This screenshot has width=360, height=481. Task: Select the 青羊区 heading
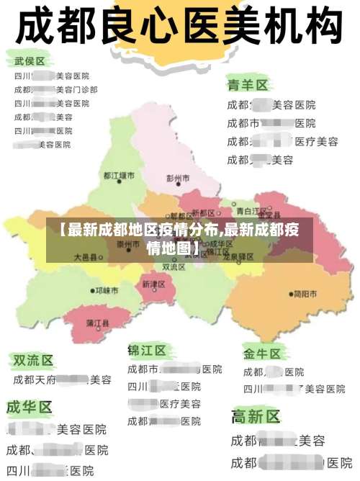(x=248, y=85)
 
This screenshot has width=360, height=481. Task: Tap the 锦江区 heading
(x=147, y=351)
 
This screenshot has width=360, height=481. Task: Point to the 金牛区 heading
(x=261, y=354)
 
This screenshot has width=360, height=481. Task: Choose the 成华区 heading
(x=30, y=407)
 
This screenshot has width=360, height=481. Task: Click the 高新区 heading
(x=256, y=416)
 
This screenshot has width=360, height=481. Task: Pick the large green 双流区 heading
(x=33, y=359)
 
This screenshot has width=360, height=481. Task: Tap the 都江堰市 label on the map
(x=119, y=175)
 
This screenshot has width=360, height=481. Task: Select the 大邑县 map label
(x=84, y=256)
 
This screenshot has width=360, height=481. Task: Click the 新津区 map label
(x=154, y=284)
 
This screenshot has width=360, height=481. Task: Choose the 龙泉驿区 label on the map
(x=237, y=256)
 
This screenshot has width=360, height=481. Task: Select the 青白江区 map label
(x=252, y=211)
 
